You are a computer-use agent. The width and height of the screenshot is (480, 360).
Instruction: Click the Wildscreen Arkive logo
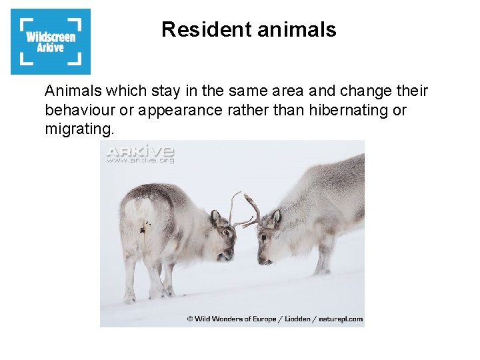[51, 41]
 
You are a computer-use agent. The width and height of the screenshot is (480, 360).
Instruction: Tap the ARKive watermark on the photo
[141, 153]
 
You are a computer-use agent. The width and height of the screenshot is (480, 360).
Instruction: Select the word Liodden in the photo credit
[297, 319]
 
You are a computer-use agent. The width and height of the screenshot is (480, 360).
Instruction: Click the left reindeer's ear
[216, 217]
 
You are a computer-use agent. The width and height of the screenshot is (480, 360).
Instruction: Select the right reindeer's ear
[276, 216]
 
